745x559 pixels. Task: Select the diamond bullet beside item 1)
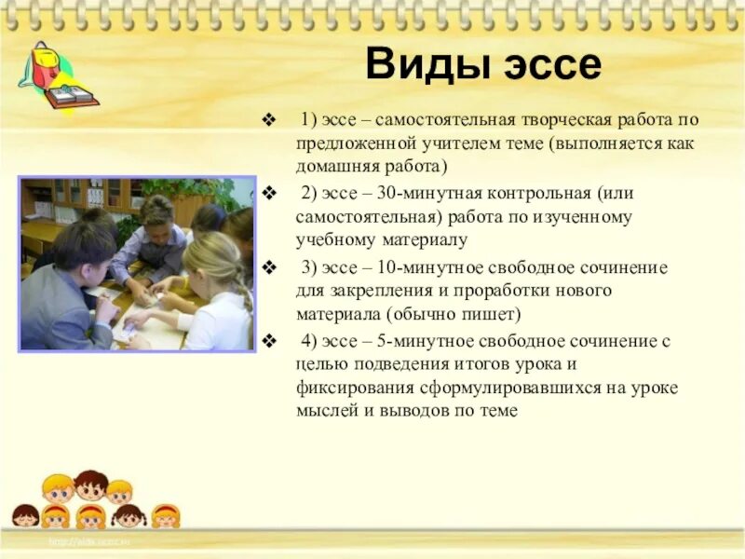[x=270, y=120]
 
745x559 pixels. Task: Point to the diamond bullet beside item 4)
[x=270, y=341]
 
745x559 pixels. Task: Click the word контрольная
[x=536, y=193]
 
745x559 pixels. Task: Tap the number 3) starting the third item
[x=309, y=267]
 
